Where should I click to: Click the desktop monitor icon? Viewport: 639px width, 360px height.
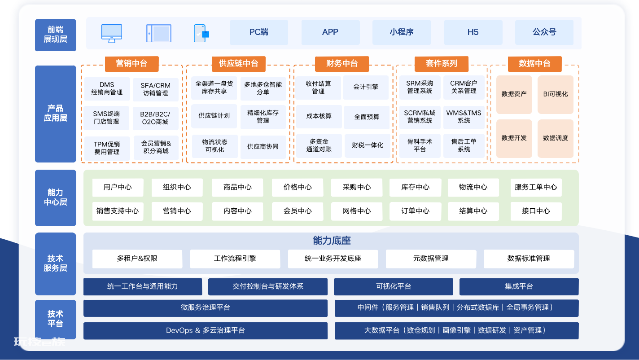click(x=112, y=33)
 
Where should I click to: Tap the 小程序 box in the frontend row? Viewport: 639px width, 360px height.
click(x=402, y=32)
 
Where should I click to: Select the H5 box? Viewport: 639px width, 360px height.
click(x=473, y=32)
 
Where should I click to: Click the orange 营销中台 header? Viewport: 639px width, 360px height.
click(x=132, y=64)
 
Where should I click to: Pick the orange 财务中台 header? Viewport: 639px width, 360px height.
click(x=342, y=64)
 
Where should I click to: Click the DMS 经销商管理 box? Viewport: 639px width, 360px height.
click(x=107, y=89)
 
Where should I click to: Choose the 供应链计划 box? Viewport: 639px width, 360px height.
click(x=214, y=116)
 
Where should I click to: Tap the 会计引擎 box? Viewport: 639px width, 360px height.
click(x=366, y=87)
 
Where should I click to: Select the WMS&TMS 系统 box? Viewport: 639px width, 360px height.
click(x=464, y=117)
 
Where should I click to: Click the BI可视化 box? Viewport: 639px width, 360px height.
click(x=556, y=94)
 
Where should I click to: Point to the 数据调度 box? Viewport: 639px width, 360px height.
click(x=556, y=138)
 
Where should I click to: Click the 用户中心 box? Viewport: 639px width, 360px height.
click(x=118, y=188)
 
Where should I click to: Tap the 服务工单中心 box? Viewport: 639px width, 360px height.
click(x=536, y=188)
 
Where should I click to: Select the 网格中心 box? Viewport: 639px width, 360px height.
click(x=357, y=211)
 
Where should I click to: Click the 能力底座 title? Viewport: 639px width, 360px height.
click(x=332, y=241)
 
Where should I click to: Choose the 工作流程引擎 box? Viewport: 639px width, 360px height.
click(x=235, y=259)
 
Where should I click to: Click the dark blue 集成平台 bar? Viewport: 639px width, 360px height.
click(x=519, y=287)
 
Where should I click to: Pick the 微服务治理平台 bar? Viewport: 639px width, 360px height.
click(x=206, y=308)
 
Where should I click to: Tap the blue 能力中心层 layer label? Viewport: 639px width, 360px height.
click(x=56, y=198)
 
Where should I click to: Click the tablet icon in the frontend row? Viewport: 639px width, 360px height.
click(x=159, y=33)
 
